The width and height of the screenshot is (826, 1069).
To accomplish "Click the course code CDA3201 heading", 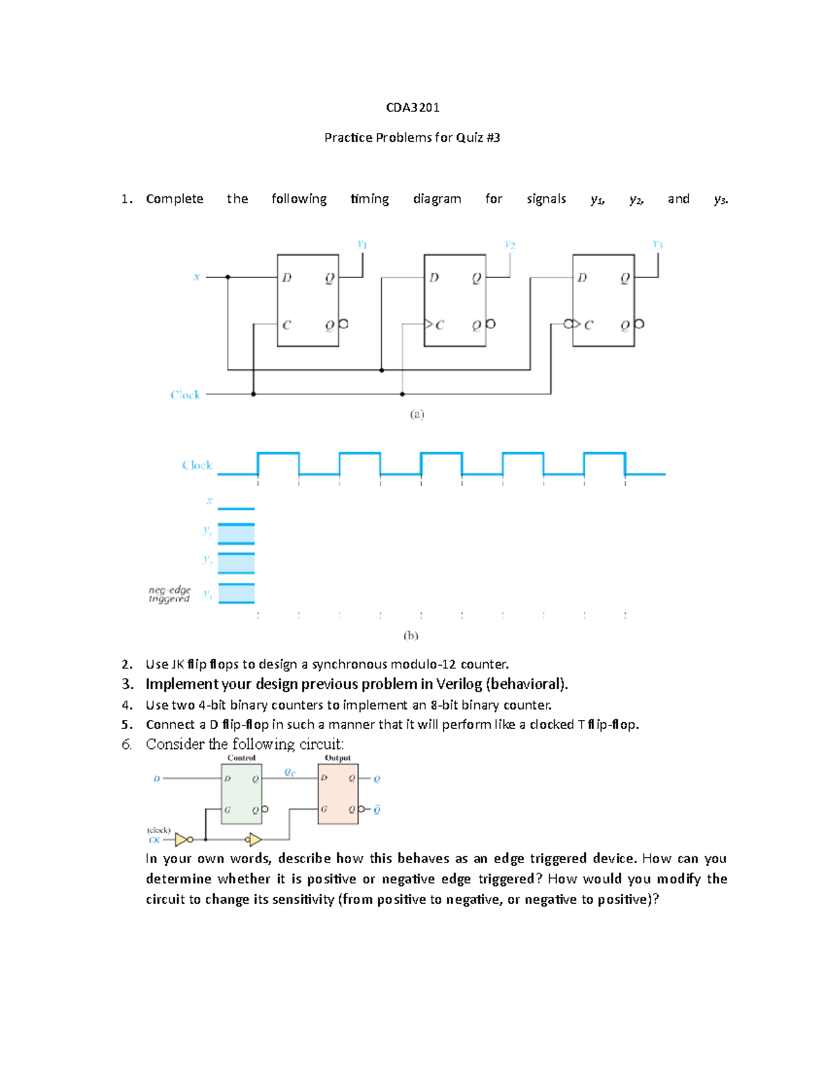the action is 412,107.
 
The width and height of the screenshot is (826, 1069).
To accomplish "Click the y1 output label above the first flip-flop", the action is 362,244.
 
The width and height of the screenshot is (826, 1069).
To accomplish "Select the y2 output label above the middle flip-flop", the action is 509,244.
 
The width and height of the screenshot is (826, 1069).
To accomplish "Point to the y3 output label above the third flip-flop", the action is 657,244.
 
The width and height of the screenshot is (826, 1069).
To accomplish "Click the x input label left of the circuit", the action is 197,277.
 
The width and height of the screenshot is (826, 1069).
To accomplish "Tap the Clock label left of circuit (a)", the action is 185,394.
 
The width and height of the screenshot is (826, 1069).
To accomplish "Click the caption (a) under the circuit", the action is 417,414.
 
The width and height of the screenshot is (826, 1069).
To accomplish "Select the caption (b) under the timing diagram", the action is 411,635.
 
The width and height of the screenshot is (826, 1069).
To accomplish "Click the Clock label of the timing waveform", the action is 197,465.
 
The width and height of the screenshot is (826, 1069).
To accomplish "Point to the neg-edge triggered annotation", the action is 169,594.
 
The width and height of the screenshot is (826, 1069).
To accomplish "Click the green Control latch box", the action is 241,794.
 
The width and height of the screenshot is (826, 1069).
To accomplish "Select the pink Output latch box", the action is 338,794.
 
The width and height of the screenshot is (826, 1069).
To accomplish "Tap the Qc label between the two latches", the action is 290,772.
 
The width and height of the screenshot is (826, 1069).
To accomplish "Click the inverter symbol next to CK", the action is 182,839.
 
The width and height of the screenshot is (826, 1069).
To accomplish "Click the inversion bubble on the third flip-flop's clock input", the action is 569,324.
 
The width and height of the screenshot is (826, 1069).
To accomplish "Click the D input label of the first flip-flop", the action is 286,277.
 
